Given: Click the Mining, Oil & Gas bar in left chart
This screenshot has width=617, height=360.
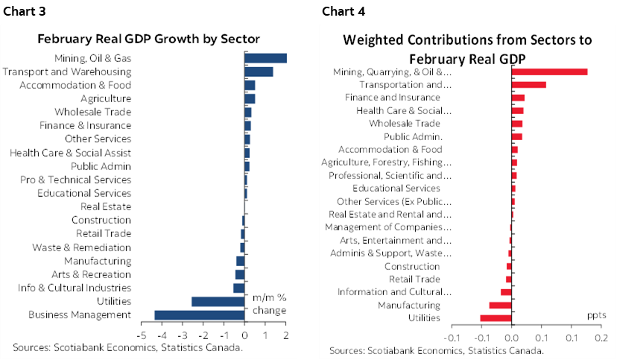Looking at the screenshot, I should point(265,58).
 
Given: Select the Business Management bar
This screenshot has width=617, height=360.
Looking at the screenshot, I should point(199,315).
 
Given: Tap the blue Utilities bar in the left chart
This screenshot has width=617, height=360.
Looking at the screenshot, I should point(218,302).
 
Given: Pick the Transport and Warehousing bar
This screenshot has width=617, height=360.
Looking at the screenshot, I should point(259,72).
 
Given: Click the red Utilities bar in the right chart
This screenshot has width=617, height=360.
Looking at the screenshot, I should point(496,318).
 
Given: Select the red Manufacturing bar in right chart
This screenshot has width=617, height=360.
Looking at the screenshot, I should point(500,305).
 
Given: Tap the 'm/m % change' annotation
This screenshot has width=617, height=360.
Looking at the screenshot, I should point(269,303).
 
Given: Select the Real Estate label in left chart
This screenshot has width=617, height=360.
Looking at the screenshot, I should point(106,206).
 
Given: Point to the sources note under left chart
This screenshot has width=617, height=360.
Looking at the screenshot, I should point(127,348).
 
